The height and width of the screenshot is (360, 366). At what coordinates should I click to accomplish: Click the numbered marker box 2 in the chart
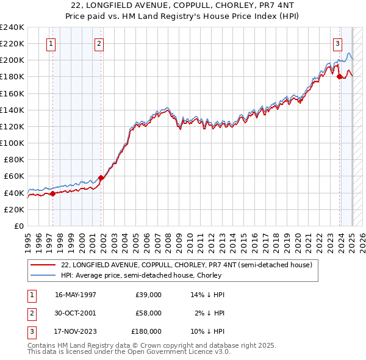coord(99,43)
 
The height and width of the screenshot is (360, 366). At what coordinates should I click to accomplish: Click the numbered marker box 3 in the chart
coord(337,43)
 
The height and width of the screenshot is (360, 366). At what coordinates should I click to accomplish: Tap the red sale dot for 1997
coord(52,193)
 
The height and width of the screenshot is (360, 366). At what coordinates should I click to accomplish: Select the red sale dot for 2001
coord(101,178)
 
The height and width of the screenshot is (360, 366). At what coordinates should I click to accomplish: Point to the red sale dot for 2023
coord(340,77)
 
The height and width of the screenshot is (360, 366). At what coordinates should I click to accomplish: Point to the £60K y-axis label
coord(14,176)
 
